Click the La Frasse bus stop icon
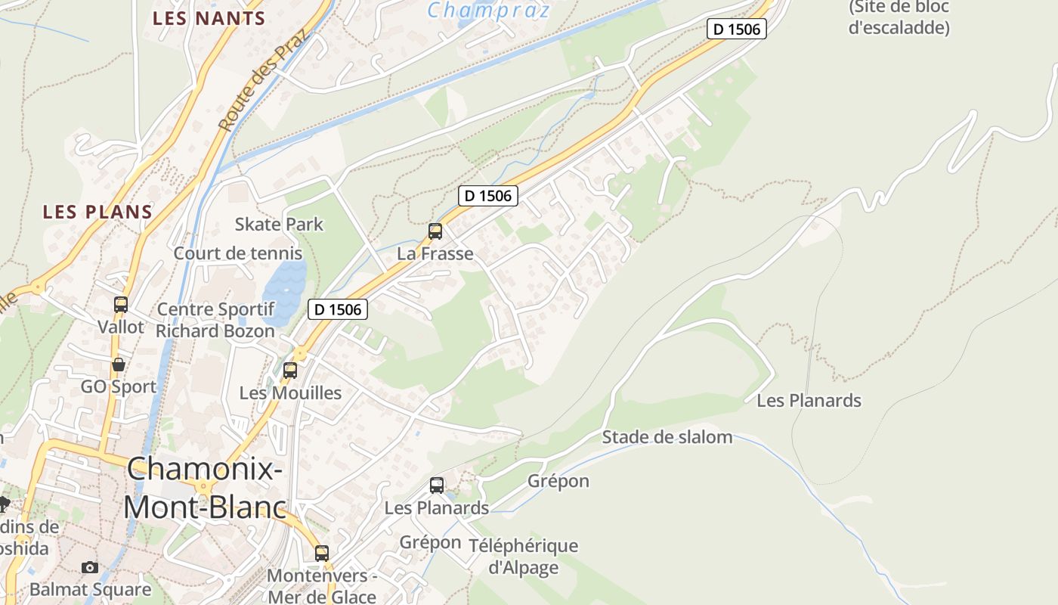[435, 231]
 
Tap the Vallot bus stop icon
[121, 305]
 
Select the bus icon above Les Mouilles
[290, 371]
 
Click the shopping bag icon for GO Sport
[119, 365]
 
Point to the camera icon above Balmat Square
[90, 567]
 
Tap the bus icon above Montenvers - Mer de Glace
[322, 553]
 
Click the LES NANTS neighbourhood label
[209, 19]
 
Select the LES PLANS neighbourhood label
[97, 212]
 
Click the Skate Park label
[279, 224]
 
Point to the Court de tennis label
[238, 253]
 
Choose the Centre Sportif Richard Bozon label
[215, 320]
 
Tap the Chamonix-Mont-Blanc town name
[205, 488]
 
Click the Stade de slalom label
[667, 437]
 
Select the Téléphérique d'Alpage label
[523, 556]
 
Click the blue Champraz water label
[489, 11]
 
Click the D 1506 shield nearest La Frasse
[488, 196]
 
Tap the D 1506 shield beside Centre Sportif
[338, 309]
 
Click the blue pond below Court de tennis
[285, 291]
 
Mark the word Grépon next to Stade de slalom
[558, 481]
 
